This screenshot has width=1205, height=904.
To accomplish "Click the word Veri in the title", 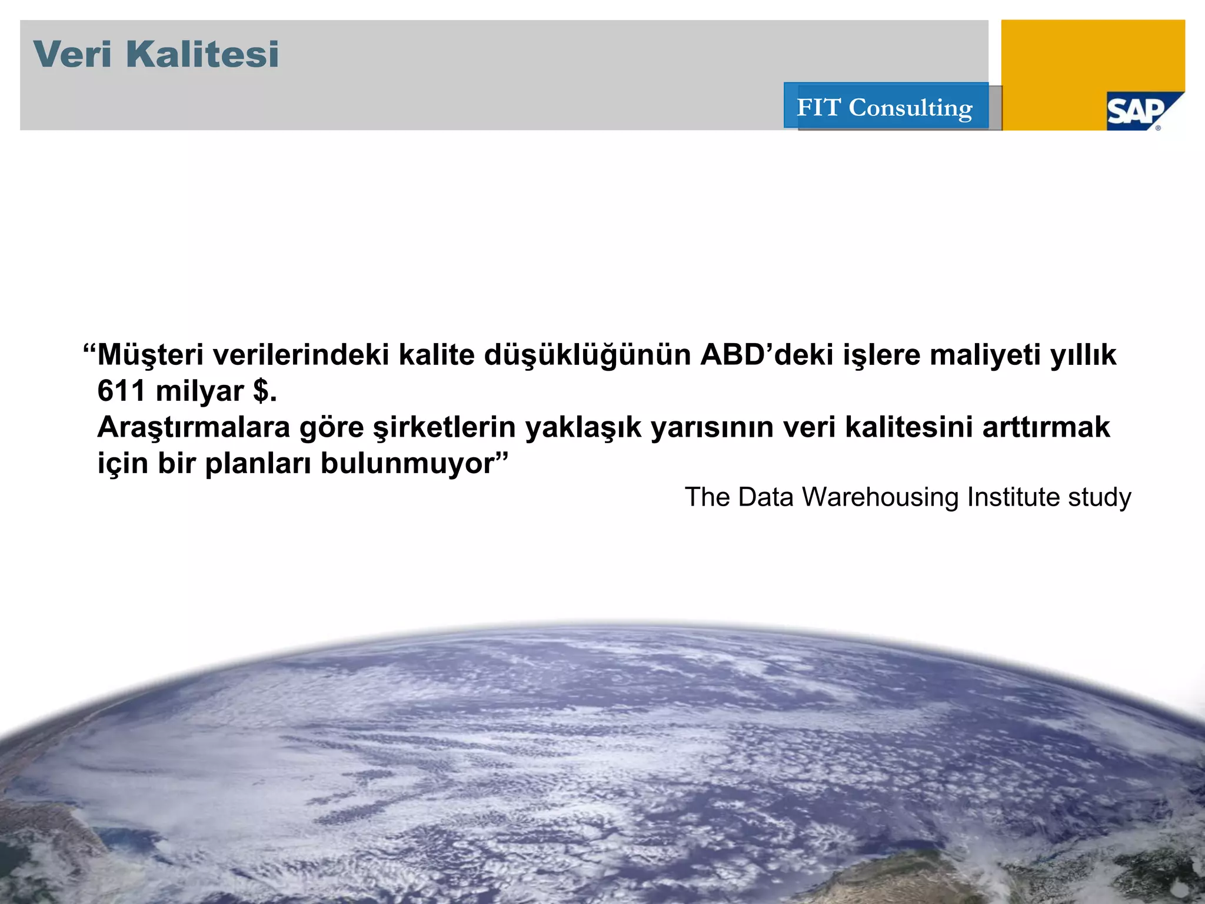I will coord(72,54).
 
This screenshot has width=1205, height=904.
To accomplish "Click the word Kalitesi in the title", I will coord(202,54).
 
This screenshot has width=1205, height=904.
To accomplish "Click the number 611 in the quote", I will coord(121,391).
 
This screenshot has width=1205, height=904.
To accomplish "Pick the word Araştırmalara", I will coord(194,427).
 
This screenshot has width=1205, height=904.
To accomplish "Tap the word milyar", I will coord(199,391).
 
